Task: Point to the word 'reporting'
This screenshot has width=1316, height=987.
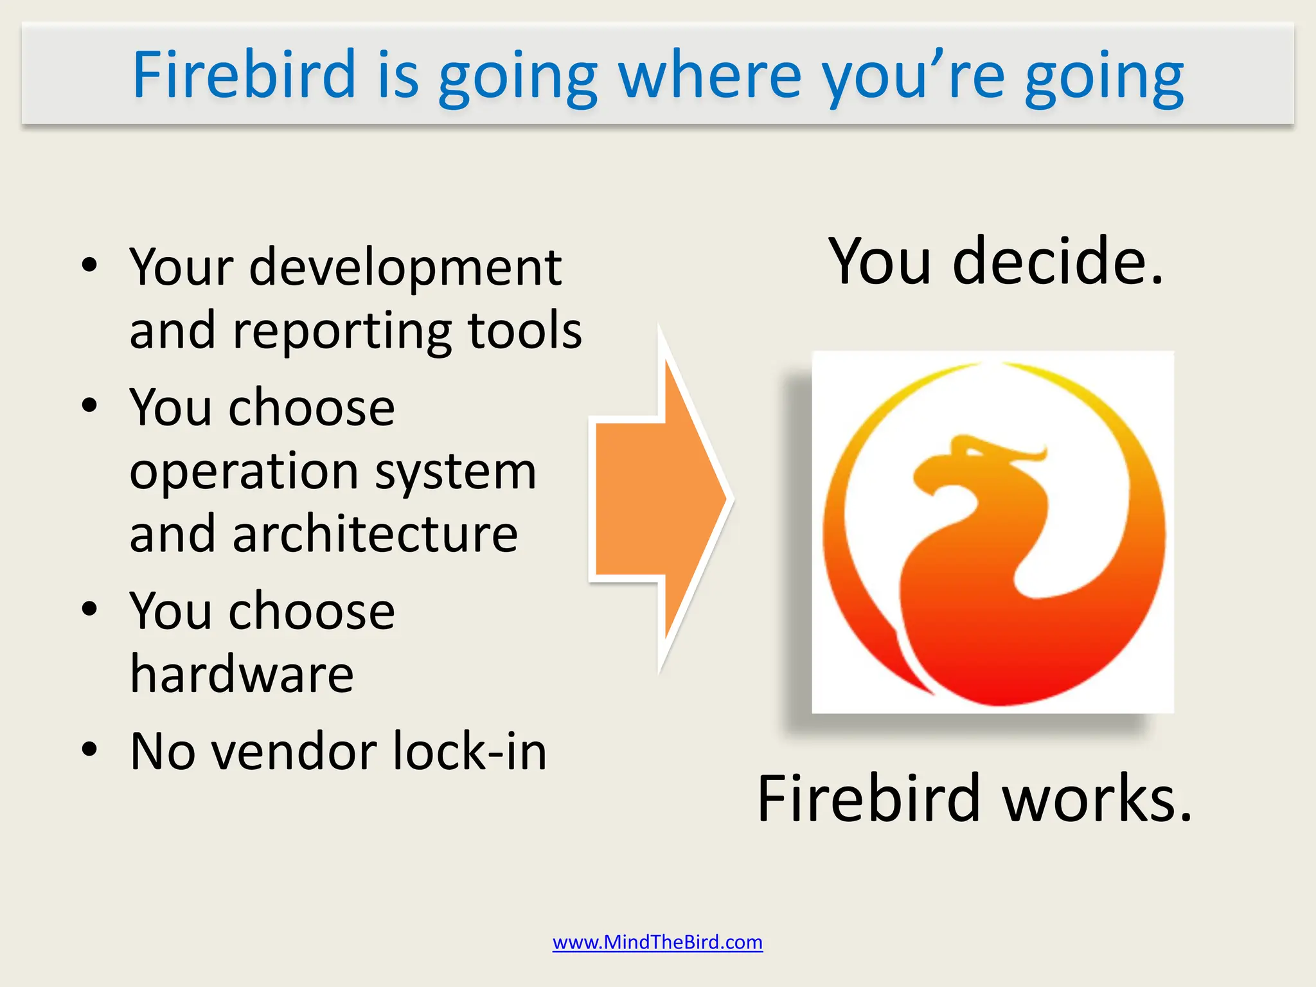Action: (342, 331)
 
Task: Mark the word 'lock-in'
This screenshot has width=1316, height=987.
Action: (470, 751)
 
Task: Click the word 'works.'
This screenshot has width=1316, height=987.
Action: (1097, 799)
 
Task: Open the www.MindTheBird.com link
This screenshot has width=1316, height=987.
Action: (657, 942)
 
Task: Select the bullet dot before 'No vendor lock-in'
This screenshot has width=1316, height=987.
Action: (89, 749)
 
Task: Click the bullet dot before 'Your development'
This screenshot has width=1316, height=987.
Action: (89, 264)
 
